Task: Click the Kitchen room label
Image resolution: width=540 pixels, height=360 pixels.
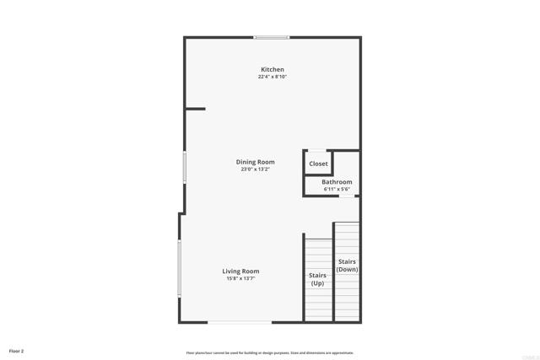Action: [x=272, y=69]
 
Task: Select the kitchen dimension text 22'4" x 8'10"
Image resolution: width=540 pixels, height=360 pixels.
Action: [x=272, y=77]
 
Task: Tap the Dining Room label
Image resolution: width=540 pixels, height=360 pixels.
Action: [x=255, y=162]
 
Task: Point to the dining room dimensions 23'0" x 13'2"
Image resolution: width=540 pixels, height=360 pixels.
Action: [x=255, y=169]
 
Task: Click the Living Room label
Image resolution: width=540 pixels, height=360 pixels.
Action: [x=240, y=271]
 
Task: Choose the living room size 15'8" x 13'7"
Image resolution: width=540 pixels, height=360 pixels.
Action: [x=240, y=278]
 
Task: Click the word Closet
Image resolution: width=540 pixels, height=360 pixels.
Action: [x=318, y=164]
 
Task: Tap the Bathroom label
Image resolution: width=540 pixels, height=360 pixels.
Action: [x=337, y=181]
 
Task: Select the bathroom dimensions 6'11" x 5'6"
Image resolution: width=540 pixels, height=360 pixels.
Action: [x=337, y=189]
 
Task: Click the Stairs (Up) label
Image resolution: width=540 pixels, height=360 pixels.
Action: [x=317, y=279]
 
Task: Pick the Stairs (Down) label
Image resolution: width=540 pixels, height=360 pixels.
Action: [x=348, y=266]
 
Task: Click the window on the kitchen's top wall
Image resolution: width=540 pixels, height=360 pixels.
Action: [x=272, y=37]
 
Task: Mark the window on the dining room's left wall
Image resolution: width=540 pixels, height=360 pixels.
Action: [x=185, y=167]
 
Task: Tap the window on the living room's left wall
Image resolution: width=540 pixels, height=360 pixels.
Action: [x=179, y=269]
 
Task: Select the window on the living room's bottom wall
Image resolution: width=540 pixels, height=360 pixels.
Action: [x=240, y=321]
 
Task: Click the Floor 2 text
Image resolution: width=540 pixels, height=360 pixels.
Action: [x=17, y=350]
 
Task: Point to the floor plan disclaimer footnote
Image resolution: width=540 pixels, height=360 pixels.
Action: [x=270, y=352]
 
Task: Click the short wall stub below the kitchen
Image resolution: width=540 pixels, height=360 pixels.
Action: [x=195, y=108]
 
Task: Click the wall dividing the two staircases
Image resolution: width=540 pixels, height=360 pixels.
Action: [x=334, y=271]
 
